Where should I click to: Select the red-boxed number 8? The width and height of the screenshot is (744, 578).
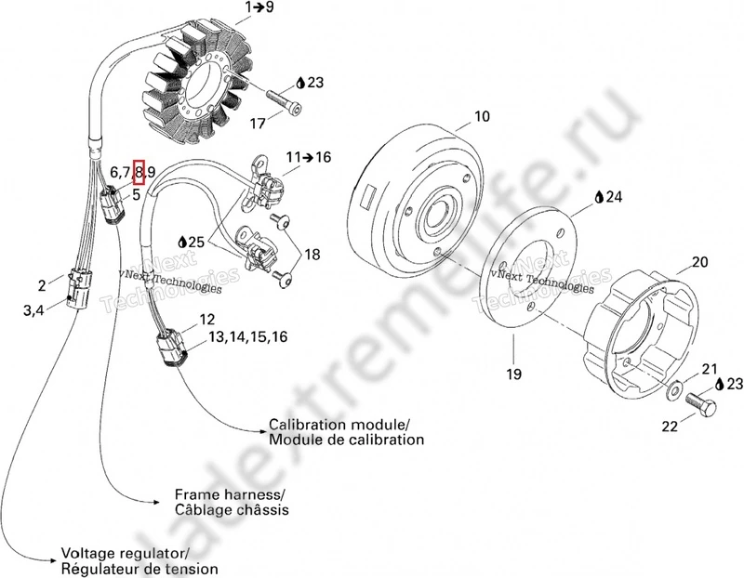point(139,171)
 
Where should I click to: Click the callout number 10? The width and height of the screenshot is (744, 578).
point(481,117)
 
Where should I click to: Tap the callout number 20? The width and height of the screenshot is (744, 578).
point(699,262)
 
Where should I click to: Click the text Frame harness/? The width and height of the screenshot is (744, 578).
point(230,493)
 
